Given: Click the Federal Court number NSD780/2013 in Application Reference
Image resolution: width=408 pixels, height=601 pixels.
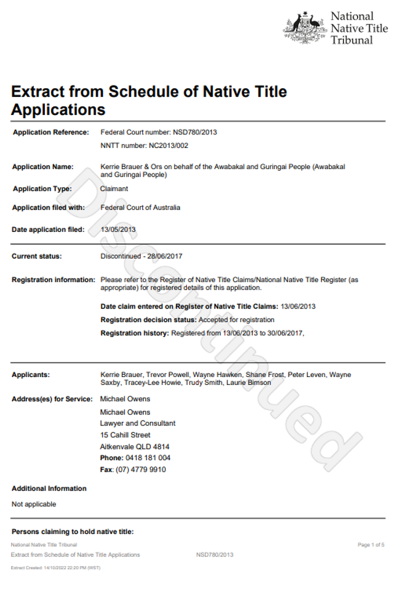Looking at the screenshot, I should [195, 132].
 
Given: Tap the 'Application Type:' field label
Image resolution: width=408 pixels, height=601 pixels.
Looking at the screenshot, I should [42, 188].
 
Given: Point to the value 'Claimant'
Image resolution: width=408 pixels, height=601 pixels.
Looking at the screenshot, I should [114, 188].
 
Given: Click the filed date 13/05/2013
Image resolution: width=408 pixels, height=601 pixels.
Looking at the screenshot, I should [118, 229].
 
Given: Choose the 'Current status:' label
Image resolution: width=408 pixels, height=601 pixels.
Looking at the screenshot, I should [37, 256].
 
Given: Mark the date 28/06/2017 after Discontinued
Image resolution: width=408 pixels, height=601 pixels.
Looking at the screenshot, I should [165, 256].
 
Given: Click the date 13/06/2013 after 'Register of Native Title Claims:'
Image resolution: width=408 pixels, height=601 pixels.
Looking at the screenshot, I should [298, 306].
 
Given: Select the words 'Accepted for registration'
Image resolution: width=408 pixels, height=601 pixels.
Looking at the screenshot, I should [237, 320].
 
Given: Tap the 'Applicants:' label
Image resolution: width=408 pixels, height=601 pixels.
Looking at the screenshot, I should [31, 374].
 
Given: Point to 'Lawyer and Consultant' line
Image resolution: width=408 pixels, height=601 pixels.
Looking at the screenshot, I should [138, 423].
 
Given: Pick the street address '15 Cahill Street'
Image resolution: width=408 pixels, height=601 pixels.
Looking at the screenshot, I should [125, 435].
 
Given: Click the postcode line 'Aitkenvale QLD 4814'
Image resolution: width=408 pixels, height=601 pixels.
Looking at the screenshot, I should [135, 446].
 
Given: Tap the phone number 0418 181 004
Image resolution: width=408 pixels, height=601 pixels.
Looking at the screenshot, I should [148, 458].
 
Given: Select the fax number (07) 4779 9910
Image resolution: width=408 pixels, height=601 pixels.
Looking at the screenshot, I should [141, 469].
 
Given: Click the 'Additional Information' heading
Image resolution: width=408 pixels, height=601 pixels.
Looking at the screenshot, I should [49, 489].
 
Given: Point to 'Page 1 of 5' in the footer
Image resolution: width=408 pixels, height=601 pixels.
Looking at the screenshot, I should [371, 545].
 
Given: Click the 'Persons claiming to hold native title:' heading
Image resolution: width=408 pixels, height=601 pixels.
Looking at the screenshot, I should [72, 532].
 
